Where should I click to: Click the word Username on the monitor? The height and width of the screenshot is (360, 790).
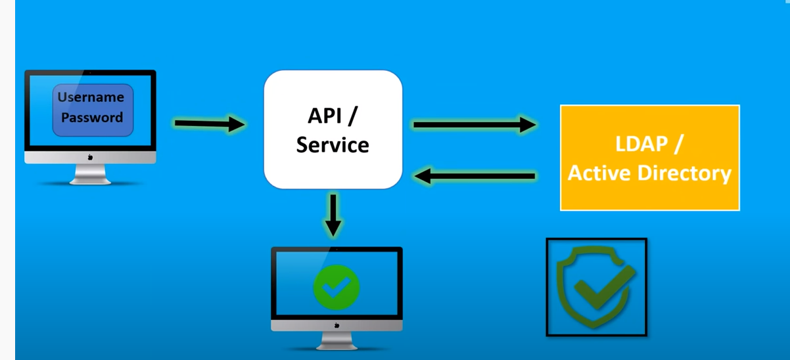tap(91, 97)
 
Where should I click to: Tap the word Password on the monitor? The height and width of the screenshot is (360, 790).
tap(92, 118)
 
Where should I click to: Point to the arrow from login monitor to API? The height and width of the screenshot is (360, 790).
tap(209, 124)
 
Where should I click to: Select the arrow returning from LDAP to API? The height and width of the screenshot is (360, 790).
tap(475, 176)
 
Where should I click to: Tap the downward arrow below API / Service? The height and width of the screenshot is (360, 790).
tap(333, 214)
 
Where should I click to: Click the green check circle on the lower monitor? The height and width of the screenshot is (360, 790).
tap(336, 286)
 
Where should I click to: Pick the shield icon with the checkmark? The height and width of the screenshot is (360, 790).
tap(596, 287)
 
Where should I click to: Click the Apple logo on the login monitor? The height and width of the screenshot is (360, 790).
tap(90, 158)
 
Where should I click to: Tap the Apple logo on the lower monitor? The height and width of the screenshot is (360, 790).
tap(337, 325)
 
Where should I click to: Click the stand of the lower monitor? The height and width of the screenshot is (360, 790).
tap(337, 340)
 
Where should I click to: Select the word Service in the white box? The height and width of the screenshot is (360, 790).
tap(333, 145)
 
